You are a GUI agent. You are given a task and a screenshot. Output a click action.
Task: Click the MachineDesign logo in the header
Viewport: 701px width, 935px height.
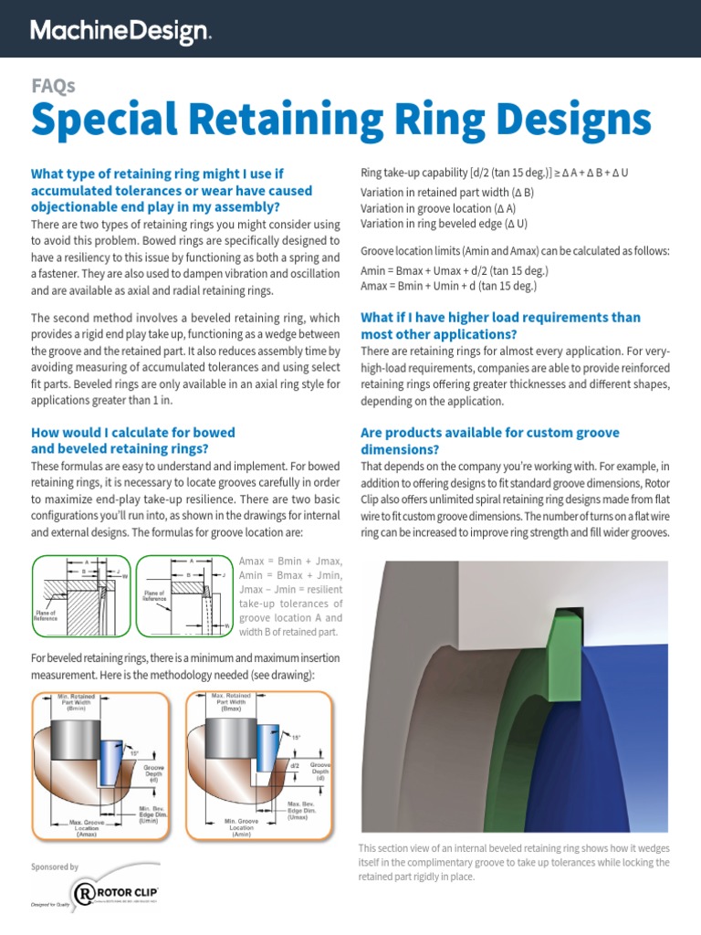120,32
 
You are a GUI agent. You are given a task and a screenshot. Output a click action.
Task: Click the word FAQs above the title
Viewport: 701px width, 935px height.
53,86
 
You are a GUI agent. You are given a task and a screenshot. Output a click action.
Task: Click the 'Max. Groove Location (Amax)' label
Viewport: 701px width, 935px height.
89,830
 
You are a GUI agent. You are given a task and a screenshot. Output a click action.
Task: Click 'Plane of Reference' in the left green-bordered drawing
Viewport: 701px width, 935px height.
45,615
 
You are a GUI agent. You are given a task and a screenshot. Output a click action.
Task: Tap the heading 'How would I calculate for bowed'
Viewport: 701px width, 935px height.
133,432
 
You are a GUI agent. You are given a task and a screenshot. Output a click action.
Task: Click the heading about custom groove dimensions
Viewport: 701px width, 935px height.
490,440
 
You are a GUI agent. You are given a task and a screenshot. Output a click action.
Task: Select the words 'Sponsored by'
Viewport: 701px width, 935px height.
54,867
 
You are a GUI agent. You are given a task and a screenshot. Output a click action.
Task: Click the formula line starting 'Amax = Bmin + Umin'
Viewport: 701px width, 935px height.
448,286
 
